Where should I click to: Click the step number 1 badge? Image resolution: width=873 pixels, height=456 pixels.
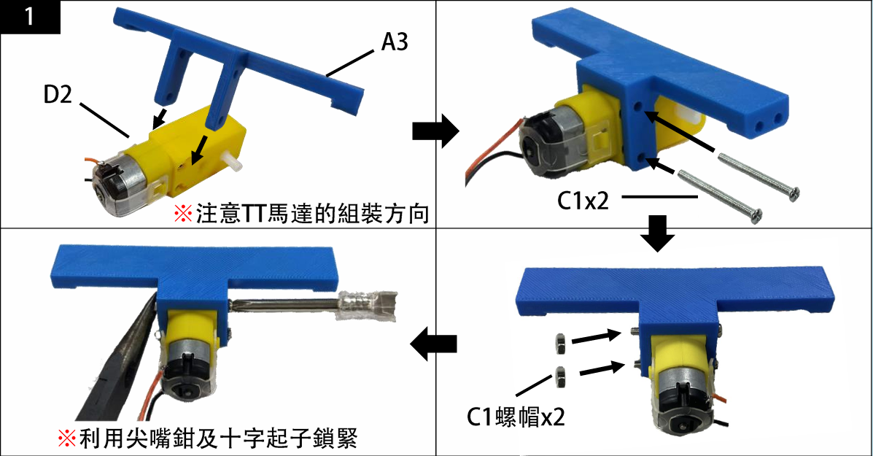pyautogui.click(x=30, y=17)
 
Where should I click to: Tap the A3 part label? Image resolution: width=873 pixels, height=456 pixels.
pyautogui.click(x=394, y=42)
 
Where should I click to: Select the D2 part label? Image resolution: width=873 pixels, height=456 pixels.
pyautogui.click(x=58, y=95)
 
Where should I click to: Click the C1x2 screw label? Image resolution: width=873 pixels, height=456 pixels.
pyautogui.click(x=583, y=201)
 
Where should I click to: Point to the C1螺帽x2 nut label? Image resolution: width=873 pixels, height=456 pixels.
pyautogui.click(x=515, y=417)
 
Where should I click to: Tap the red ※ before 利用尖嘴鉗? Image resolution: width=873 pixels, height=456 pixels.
pyautogui.click(x=67, y=438)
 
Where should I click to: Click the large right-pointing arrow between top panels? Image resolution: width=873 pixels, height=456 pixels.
pyautogui.click(x=435, y=132)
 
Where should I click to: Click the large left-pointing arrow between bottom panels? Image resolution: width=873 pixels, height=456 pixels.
pyautogui.click(x=433, y=344)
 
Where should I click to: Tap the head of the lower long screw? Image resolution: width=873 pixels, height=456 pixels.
pyautogui.click(x=756, y=215)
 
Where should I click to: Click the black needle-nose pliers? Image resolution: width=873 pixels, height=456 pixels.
pyautogui.click(x=116, y=368)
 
